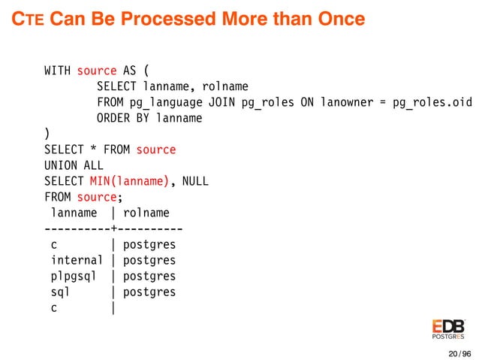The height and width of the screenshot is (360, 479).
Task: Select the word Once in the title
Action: [339, 18]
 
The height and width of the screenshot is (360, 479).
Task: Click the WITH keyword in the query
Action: [57, 71]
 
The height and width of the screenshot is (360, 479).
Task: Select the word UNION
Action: [60, 165]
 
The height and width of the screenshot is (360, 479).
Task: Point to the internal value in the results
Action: [75, 260]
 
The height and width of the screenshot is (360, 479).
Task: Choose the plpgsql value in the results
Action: [73, 276]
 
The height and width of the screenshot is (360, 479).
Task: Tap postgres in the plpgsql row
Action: [149, 276]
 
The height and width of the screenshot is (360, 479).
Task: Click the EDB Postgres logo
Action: [448, 328]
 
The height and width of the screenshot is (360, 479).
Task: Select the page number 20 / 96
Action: [459, 353]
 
